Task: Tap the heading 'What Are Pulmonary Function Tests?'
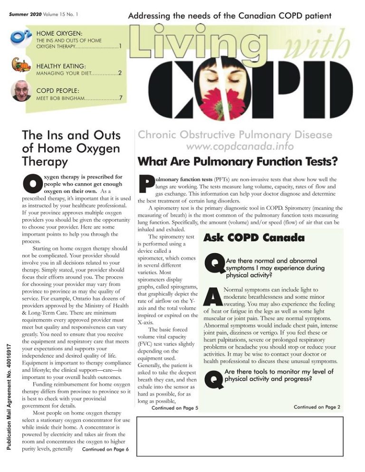238,161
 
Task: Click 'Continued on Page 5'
174,407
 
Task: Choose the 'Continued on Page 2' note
317,407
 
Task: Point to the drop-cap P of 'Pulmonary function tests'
144,186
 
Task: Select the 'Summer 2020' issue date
25,14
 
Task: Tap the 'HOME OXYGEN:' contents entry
60,34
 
